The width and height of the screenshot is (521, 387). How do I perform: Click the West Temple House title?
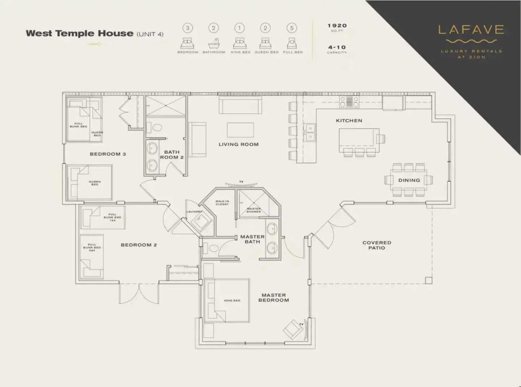coord(80,33)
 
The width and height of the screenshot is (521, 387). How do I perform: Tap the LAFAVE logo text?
coord(471,30)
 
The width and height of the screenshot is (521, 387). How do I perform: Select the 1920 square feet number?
coord(337,26)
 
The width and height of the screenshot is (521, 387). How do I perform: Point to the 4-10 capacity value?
coord(337,47)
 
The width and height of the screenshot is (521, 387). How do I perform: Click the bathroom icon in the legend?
coord(213,43)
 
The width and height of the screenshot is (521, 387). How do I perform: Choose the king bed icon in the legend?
coord(240,43)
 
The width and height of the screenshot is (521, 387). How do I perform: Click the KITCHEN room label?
coord(349,121)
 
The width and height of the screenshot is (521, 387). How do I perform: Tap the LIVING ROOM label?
coord(238,144)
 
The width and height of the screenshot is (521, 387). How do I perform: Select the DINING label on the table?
coord(409,180)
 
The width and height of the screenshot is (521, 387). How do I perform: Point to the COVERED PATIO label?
coord(377,245)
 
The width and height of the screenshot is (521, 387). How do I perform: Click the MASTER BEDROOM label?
coord(274,297)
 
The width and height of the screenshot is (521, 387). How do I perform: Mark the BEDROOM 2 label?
coord(139,245)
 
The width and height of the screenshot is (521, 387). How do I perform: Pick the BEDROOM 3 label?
coord(107,154)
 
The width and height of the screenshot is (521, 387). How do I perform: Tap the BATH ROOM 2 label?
coord(172,155)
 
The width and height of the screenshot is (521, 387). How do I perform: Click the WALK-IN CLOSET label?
coord(222,203)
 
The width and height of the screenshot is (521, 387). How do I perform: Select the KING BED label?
coord(232,301)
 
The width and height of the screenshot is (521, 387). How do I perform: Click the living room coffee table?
coord(240,130)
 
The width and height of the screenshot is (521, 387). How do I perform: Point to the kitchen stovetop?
coord(349,102)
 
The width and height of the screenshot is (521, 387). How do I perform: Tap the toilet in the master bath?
coord(213,248)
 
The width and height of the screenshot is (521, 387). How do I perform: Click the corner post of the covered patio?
coord(428,280)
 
